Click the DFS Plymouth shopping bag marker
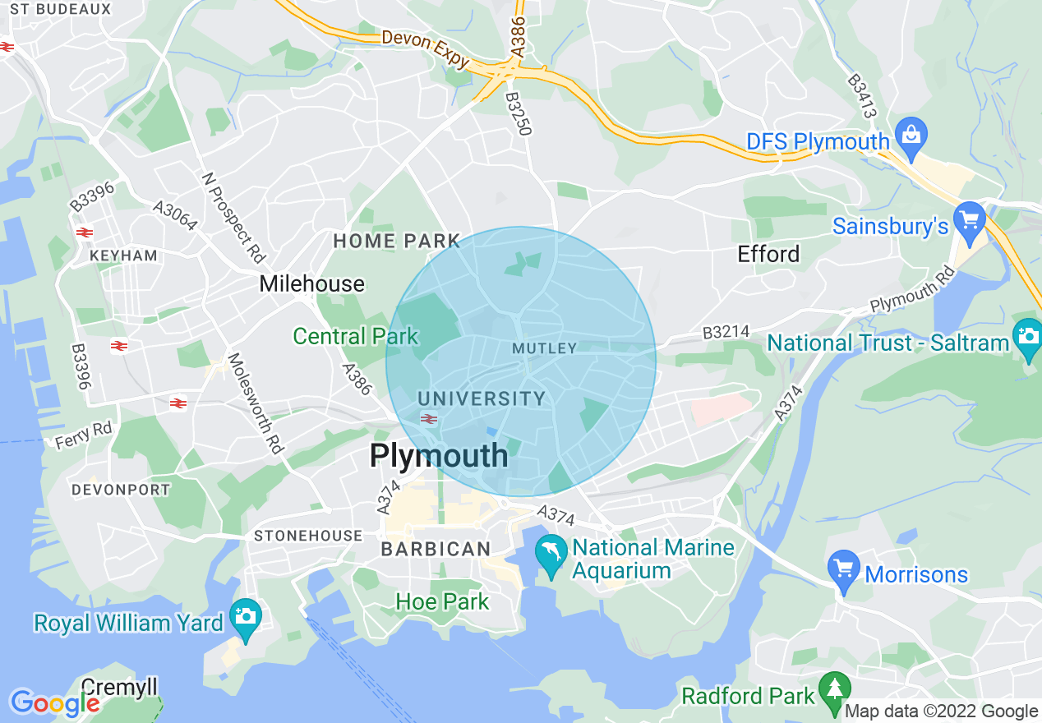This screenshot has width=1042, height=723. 911,136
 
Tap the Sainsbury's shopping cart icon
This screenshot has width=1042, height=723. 971,221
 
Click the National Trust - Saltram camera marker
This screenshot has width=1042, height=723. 1027,338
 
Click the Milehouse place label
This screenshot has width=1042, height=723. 311,284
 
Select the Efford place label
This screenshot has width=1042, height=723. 768,254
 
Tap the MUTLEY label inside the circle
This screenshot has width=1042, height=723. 545,348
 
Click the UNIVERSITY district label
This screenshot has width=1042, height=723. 482,398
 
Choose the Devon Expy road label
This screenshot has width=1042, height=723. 425,49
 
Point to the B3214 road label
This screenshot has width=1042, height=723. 726,333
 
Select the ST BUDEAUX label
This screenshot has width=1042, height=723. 61,9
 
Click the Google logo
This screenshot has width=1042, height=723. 54,703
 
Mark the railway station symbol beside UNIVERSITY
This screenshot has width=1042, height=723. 428,419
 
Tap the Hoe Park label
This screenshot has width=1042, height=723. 442,601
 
